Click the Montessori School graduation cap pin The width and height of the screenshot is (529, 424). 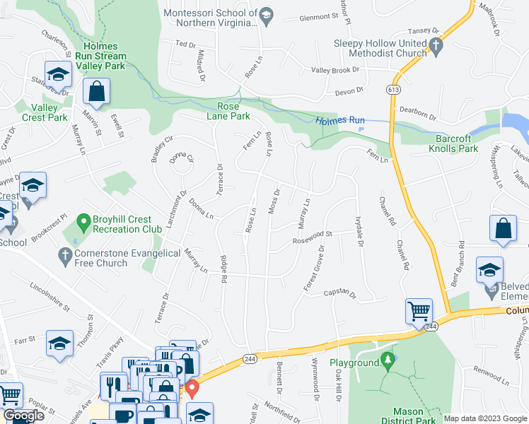(266, 17)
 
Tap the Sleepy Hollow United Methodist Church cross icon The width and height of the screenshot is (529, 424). (436, 48)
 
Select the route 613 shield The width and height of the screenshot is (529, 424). (393, 90)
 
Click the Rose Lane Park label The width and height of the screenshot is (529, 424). (228, 111)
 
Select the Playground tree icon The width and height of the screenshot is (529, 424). (386, 361)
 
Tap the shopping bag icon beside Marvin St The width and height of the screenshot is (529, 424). (96, 92)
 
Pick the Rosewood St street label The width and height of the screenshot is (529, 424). (313, 237)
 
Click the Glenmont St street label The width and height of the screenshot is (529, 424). (320, 17)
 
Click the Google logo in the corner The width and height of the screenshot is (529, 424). (23, 416)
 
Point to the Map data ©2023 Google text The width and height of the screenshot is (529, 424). (484, 418)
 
